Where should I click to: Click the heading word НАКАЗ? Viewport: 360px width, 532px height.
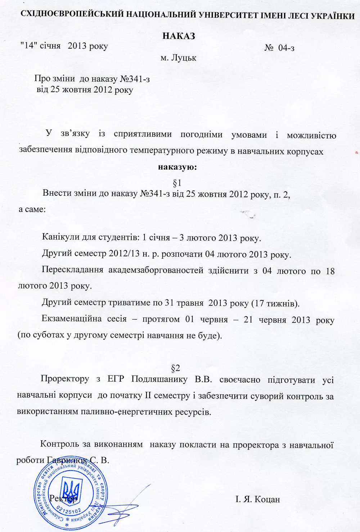(179, 36)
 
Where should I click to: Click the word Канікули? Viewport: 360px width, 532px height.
(59, 237)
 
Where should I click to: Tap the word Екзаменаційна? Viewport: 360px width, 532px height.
(72, 319)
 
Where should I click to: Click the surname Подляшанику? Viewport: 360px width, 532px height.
(159, 379)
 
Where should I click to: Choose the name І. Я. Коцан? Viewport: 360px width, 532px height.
(257, 499)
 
